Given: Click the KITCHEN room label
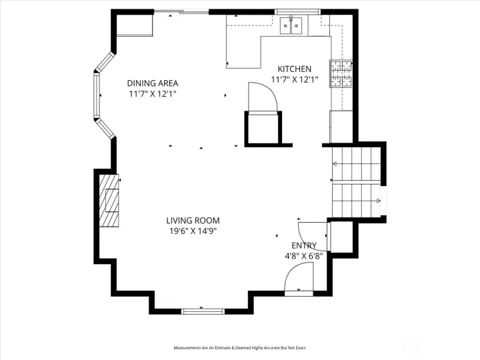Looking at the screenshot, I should click(x=294, y=69).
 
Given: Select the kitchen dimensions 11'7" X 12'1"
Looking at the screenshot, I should click(x=294, y=79).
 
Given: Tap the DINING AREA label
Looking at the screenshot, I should click(x=153, y=83).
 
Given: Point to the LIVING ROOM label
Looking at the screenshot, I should click(x=193, y=221).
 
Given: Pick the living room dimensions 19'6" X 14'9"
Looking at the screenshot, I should click(x=193, y=231).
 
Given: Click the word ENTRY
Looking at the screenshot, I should click(x=304, y=245).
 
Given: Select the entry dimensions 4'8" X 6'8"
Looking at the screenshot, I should click(x=304, y=255).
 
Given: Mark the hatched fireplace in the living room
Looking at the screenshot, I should click(x=110, y=200).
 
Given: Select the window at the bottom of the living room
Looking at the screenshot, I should click(x=203, y=310).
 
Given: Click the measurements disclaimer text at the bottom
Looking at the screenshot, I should click(x=239, y=348).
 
